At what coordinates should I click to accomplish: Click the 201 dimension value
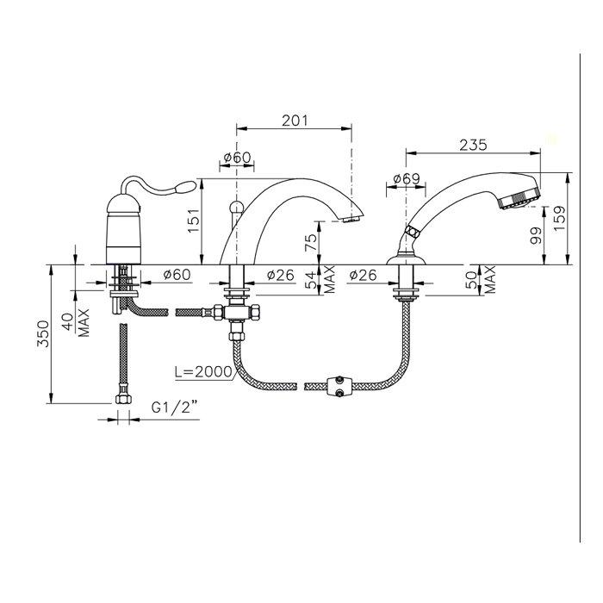point(295,120)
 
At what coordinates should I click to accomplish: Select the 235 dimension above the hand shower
point(474,145)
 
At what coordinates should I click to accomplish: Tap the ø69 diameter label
point(406,179)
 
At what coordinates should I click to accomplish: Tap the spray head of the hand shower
point(521,196)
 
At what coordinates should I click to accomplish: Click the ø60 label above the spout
point(236,158)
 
